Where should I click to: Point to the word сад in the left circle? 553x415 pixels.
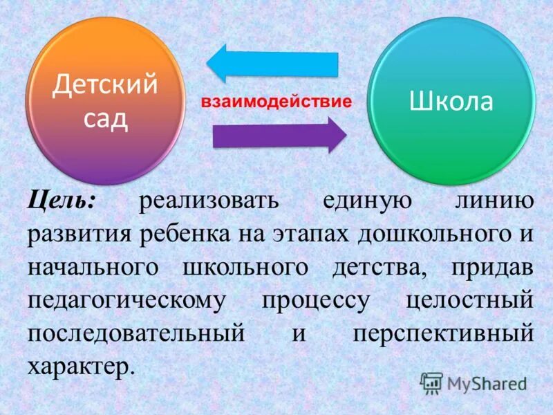coord(106,118)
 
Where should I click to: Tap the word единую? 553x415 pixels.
coord(368,202)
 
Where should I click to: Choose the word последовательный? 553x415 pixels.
coord(136,333)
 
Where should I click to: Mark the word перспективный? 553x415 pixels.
coord(443,333)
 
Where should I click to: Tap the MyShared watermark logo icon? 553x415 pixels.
coord(431,382)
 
